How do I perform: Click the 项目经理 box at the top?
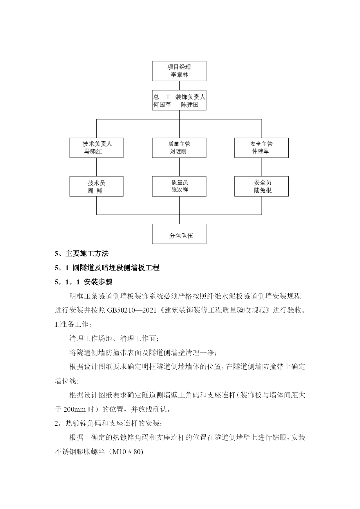tap(179, 71)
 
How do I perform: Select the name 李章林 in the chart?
tap(179, 75)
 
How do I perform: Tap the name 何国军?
tap(162, 105)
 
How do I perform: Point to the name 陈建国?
tap(190, 105)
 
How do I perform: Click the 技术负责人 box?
tap(96, 148)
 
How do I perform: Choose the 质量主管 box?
tap(179, 148)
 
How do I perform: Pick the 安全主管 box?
tap(261, 148)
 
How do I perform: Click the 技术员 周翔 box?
tap(96, 186)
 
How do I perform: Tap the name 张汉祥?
tap(180, 190)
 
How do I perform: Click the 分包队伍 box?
tap(179, 234)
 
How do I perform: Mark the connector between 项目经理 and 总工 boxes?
tap(179, 85)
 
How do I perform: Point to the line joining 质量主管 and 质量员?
tap(179, 167)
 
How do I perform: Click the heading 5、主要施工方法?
tap(82, 254)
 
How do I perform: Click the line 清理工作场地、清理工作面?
tap(114, 338)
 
